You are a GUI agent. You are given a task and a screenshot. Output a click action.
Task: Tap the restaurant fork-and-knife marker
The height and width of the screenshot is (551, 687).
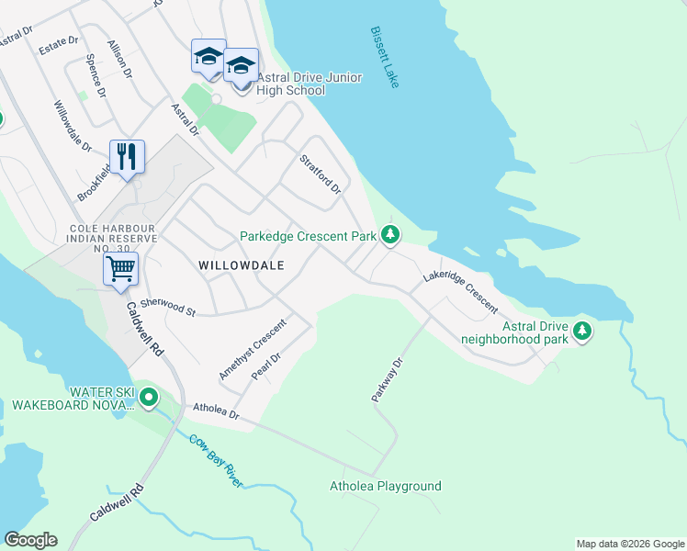pyautogui.click(x=127, y=156)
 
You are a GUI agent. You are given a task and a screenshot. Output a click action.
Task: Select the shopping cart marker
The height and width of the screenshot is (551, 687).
pyautogui.click(x=120, y=270)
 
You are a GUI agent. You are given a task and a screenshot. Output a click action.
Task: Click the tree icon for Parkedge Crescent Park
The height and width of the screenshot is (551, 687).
pyautogui.click(x=390, y=236)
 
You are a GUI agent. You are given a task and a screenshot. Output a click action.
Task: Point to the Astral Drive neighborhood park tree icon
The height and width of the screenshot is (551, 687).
pyautogui.click(x=581, y=331)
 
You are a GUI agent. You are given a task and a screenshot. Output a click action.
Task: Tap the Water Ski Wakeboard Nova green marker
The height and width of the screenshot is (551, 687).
pyautogui.click(x=148, y=399)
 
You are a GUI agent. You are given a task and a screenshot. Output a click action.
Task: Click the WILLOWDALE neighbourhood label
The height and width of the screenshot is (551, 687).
pyautogui.click(x=240, y=264)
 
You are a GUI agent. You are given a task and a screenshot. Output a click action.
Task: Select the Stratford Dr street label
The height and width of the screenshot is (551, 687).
pyautogui.click(x=321, y=174)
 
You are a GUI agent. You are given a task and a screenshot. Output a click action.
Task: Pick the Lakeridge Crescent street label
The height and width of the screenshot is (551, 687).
pyautogui.click(x=460, y=292)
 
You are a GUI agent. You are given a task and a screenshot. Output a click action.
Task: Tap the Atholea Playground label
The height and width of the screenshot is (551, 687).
pyautogui.click(x=386, y=486)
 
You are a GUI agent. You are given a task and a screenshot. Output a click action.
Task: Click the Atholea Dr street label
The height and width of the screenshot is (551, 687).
pyautogui.click(x=215, y=412)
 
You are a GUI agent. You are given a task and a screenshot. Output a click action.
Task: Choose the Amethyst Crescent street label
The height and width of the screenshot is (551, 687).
pyautogui.click(x=253, y=349)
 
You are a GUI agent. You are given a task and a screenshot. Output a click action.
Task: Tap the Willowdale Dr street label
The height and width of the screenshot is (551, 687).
pyautogui.click(x=73, y=126)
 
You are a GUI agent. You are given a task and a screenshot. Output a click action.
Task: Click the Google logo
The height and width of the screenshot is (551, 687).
pyautogui.click(x=30, y=540)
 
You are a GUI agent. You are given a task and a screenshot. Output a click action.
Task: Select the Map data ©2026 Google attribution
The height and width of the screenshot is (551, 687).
pyautogui.click(x=629, y=544)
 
